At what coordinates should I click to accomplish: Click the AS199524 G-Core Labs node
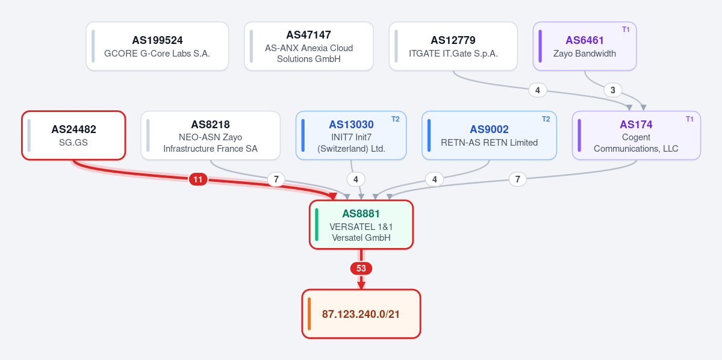point(157,46)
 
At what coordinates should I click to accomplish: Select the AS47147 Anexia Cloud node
point(308,46)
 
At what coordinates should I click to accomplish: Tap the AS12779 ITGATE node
point(453,46)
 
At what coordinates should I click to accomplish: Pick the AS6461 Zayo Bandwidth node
point(585,46)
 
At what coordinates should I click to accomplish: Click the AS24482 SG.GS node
point(73,135)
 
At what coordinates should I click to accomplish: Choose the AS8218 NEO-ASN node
point(210,135)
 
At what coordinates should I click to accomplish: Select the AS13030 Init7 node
point(351,135)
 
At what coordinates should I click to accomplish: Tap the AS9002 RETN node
point(489,135)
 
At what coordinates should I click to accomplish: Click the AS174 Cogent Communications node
point(636,135)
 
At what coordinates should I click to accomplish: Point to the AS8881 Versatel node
point(361,225)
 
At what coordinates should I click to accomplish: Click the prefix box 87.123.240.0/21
point(361,314)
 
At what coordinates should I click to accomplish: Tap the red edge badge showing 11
point(198,179)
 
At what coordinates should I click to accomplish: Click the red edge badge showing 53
point(361,268)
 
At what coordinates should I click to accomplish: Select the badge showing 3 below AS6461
point(613,90)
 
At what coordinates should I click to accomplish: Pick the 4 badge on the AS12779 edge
point(537,90)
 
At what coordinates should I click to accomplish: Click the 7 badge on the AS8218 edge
point(276,179)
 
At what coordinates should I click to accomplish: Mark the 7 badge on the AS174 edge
point(517,179)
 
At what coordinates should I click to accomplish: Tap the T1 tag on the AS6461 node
point(625,29)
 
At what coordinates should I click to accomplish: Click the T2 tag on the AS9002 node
point(546,119)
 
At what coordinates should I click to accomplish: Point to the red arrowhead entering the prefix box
point(361,285)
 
